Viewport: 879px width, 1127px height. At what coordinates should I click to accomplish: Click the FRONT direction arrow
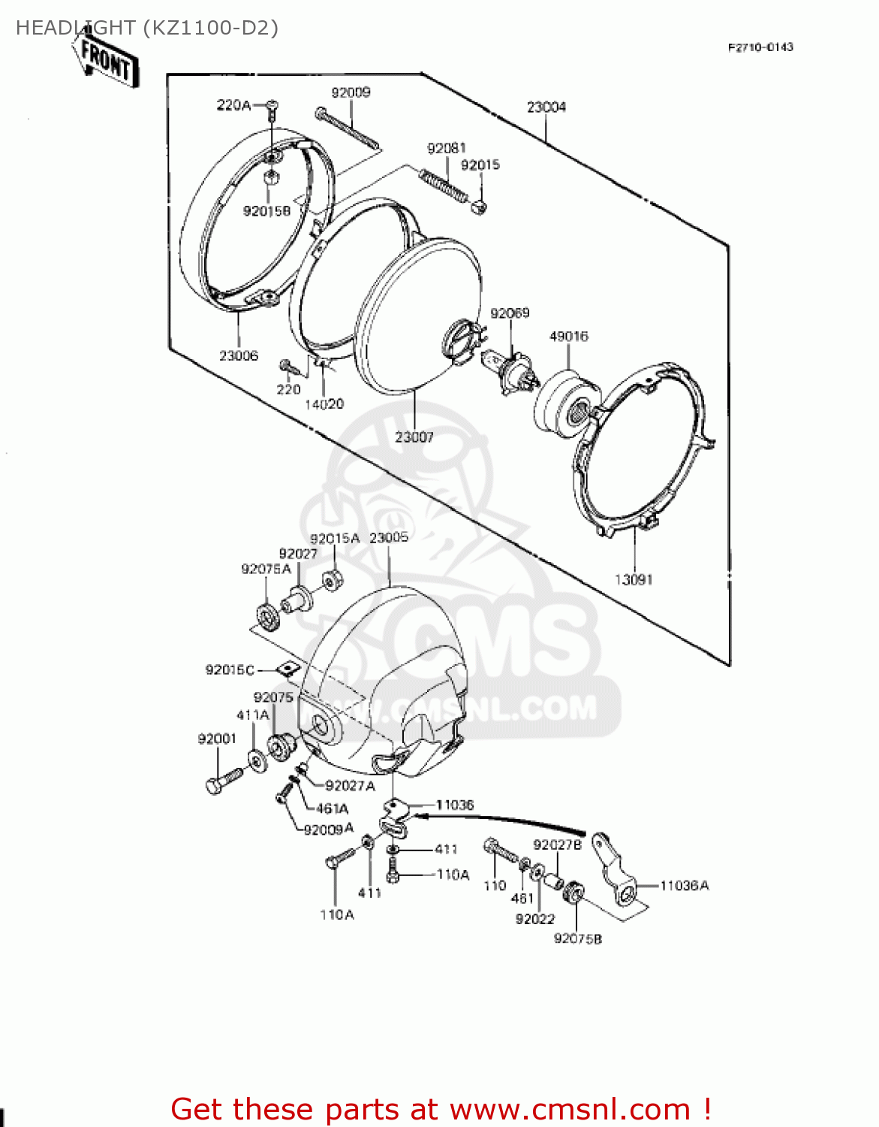click(x=106, y=60)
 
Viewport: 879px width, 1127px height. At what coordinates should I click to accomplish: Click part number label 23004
click(x=546, y=107)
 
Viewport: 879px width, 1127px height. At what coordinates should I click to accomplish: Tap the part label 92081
click(x=446, y=149)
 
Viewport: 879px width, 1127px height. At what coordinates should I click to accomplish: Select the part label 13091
click(x=634, y=579)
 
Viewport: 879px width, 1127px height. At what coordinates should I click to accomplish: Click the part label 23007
click(x=414, y=437)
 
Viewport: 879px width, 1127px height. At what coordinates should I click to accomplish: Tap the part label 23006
click(x=238, y=355)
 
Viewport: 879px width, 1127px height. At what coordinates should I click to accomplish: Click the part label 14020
click(x=324, y=404)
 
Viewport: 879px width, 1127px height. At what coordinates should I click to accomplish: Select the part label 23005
click(x=389, y=537)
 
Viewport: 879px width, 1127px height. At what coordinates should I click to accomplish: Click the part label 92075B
click(x=577, y=938)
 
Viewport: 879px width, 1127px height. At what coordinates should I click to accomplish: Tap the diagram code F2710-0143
click(x=760, y=47)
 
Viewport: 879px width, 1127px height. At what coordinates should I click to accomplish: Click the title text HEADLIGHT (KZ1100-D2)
click(x=147, y=28)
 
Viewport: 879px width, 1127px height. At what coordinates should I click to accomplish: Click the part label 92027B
click(x=557, y=845)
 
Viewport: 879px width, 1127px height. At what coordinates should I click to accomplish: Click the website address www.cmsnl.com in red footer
click(x=570, y=1110)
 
